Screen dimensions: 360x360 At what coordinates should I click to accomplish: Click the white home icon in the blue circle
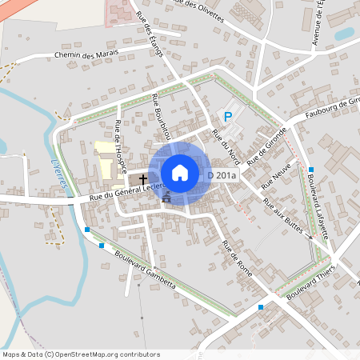180,172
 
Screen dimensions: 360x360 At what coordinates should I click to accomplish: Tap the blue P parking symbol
228,117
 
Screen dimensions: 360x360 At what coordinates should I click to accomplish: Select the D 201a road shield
222,174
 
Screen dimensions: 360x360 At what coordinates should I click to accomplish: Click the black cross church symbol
144,179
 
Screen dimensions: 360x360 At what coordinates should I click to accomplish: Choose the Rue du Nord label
225,146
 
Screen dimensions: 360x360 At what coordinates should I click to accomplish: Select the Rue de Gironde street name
267,146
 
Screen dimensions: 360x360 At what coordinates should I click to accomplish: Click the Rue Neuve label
280,178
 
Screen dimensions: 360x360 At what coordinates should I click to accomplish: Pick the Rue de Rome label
238,258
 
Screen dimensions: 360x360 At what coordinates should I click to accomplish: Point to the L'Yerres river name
57,173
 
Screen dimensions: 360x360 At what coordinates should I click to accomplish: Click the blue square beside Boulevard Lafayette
310,170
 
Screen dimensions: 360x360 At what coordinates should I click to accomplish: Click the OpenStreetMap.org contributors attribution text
108,354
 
